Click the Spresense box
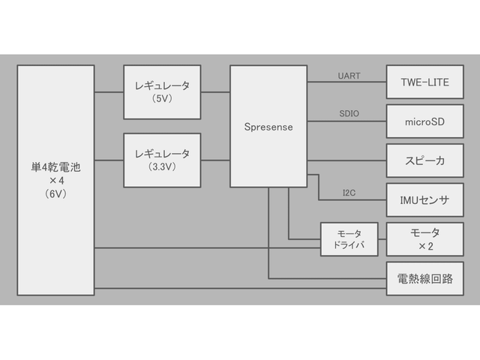click(x=268, y=127)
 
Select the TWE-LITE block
click(x=425, y=82)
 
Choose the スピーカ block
click(x=425, y=160)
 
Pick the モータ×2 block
click(x=425, y=239)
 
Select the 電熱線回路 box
click(x=425, y=279)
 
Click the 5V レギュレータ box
click(x=163, y=91)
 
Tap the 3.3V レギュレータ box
click(x=163, y=160)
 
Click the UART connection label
click(x=349, y=76)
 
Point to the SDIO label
click(x=349, y=114)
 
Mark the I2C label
click(x=349, y=193)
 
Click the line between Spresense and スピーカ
click(x=346, y=160)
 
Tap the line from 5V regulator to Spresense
click(x=216, y=91)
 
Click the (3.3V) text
click(x=163, y=166)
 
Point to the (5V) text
click(x=163, y=98)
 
